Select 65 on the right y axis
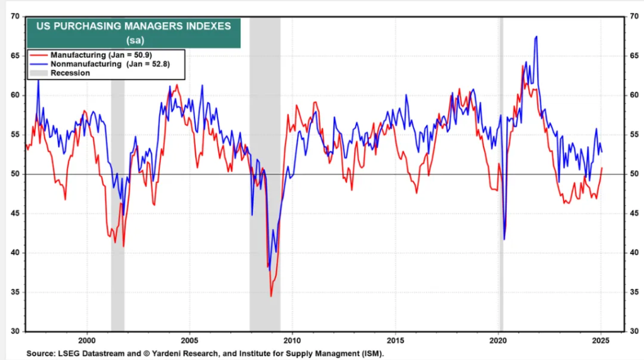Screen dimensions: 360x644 click(x=634, y=56)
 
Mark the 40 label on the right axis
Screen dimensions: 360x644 click(x=634, y=253)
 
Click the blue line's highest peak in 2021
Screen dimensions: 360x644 click(x=536, y=37)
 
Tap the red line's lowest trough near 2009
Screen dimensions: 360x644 click(x=271, y=296)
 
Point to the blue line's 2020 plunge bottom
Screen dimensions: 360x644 click(x=504, y=239)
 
